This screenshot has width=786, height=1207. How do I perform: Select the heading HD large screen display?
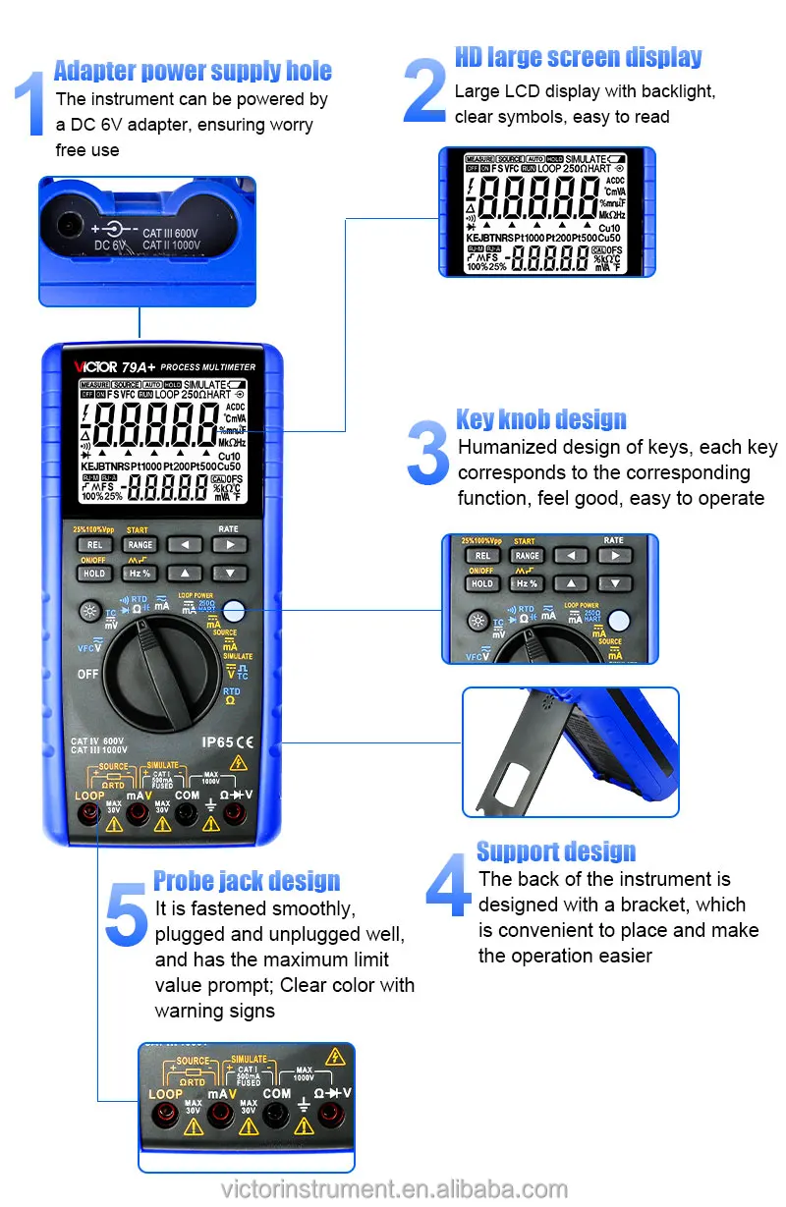pyautogui.click(x=578, y=57)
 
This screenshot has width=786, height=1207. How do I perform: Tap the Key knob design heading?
pyautogui.click(x=540, y=419)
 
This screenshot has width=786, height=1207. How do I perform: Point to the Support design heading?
pyautogui.click(x=555, y=850)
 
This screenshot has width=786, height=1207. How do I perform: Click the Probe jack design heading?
pyautogui.click(x=247, y=880)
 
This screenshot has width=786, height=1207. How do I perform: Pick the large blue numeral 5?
pyautogui.click(x=126, y=914)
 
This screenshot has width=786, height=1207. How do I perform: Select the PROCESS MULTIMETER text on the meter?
pyautogui.click(x=207, y=367)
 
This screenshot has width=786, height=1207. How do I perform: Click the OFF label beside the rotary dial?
pyautogui.click(x=88, y=675)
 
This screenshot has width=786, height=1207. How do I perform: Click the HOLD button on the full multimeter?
pyautogui.click(x=94, y=573)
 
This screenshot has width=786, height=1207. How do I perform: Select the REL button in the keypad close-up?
pyautogui.click(x=482, y=556)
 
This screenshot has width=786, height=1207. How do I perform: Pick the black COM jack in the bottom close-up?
pyautogui.click(x=276, y=1114)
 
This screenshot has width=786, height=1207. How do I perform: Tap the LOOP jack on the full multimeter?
pyautogui.click(x=90, y=813)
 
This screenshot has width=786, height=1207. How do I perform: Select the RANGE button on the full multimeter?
pyautogui.click(x=140, y=545)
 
